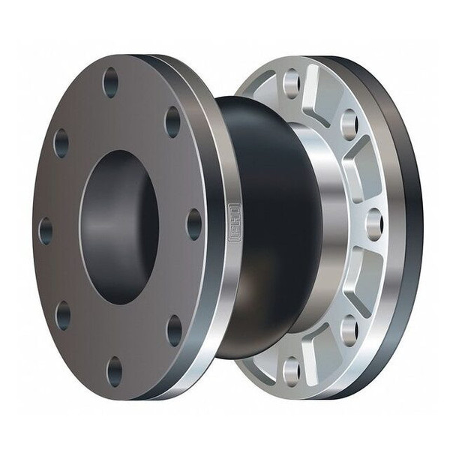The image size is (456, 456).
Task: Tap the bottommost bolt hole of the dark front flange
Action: tap(114, 370)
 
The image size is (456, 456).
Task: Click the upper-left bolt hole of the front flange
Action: tap(61, 142)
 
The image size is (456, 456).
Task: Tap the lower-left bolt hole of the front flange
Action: tap(64, 315)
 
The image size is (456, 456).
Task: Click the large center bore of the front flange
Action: tap(120, 226)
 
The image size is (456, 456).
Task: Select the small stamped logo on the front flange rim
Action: tap(233, 224)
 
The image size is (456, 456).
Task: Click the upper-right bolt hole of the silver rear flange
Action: tap(349, 123)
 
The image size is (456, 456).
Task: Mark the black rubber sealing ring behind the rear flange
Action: tap(409, 225)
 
